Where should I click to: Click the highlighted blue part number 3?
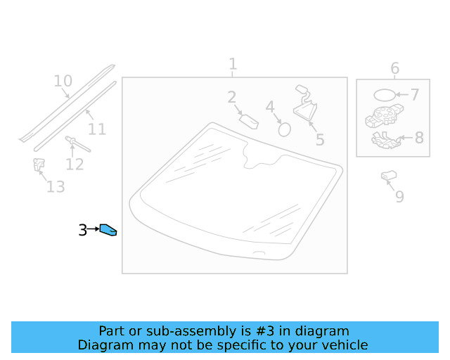[x=108, y=229]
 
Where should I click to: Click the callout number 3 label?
[x=82, y=229]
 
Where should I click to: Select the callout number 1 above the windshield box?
[x=233, y=65]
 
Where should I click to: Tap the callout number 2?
[x=231, y=98]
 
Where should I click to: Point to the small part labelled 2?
[x=249, y=121]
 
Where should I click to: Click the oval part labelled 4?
[x=285, y=129]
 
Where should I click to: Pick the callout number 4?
[x=270, y=108]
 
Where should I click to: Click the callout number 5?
[x=320, y=139]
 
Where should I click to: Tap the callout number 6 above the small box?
[x=394, y=68]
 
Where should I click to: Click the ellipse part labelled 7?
[x=384, y=94]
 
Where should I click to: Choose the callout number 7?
[x=414, y=94]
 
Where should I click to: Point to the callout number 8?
[x=419, y=137]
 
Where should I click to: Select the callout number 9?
[x=399, y=197]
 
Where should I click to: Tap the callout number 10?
[x=63, y=81]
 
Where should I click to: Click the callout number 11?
[x=97, y=129]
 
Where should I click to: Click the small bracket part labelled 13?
[x=39, y=167]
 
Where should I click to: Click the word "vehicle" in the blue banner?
[x=343, y=345]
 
